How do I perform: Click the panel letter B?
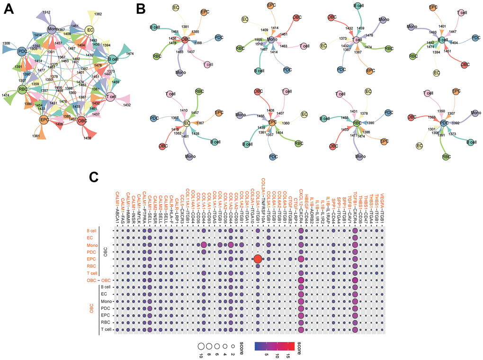pos(141,8)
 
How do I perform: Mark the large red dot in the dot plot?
pos(257,258)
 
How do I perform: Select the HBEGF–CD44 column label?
pos(306,207)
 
